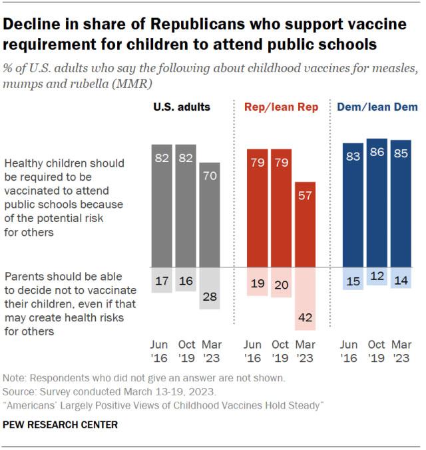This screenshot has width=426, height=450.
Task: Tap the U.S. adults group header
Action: tap(182, 107)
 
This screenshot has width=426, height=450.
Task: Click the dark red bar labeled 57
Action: tap(305, 224)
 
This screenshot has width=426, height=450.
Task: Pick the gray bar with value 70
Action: tap(210, 215)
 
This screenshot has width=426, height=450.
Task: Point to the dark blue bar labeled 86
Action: tap(377, 203)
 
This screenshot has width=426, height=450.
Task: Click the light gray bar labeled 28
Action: tap(210, 288)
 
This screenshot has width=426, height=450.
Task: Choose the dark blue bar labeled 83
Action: tap(353, 205)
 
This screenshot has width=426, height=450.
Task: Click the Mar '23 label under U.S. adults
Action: tap(210, 351)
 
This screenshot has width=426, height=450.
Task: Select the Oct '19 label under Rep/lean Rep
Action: tap(281, 351)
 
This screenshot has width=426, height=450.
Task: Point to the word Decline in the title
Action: tap(34, 25)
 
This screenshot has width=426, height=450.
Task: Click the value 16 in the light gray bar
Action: tap(186, 282)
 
